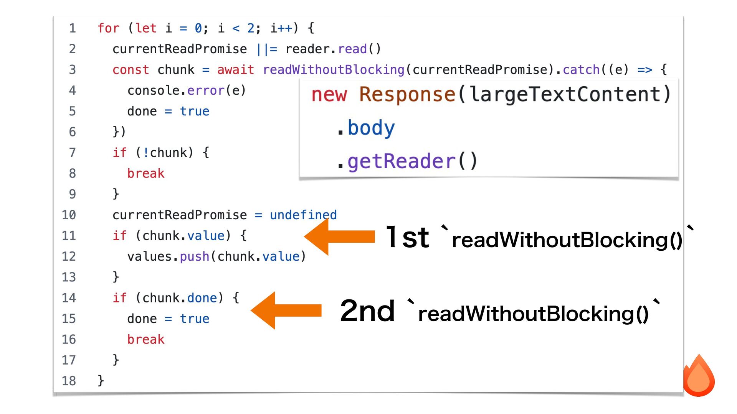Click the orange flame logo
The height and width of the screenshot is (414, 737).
pyautogui.click(x=699, y=377)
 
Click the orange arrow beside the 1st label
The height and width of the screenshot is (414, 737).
pyautogui.click(x=339, y=237)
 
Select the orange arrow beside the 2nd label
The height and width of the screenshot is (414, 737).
pyautogui.click(x=286, y=310)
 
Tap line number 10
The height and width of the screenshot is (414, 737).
pyautogui.click(x=69, y=215)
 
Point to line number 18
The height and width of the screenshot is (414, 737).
pyautogui.click(x=69, y=381)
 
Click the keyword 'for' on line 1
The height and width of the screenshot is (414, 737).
pyautogui.click(x=108, y=28)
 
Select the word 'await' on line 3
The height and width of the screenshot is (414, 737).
pyautogui.click(x=235, y=70)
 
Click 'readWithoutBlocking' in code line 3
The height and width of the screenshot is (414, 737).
pyautogui.click(x=334, y=70)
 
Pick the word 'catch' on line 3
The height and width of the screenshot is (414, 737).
pyautogui.click(x=581, y=70)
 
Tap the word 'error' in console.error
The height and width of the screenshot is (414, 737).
pyautogui.click(x=206, y=90)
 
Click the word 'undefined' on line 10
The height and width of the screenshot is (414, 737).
pyautogui.click(x=303, y=215)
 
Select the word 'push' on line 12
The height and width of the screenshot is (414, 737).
pyautogui.click(x=195, y=256)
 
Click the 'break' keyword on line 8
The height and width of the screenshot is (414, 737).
pyautogui.click(x=146, y=174)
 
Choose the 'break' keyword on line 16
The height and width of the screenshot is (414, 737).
pyautogui.click(x=146, y=340)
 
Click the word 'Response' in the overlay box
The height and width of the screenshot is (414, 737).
pyautogui.click(x=407, y=94)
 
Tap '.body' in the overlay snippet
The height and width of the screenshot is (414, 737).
pyautogui.click(x=367, y=128)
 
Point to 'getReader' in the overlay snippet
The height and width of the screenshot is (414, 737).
pyautogui.click(x=401, y=161)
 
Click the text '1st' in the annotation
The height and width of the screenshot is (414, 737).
pyautogui.click(x=407, y=237)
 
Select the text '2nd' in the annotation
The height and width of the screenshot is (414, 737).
pyautogui.click(x=367, y=311)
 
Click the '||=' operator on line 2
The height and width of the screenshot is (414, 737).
pyautogui.click(x=266, y=49)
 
